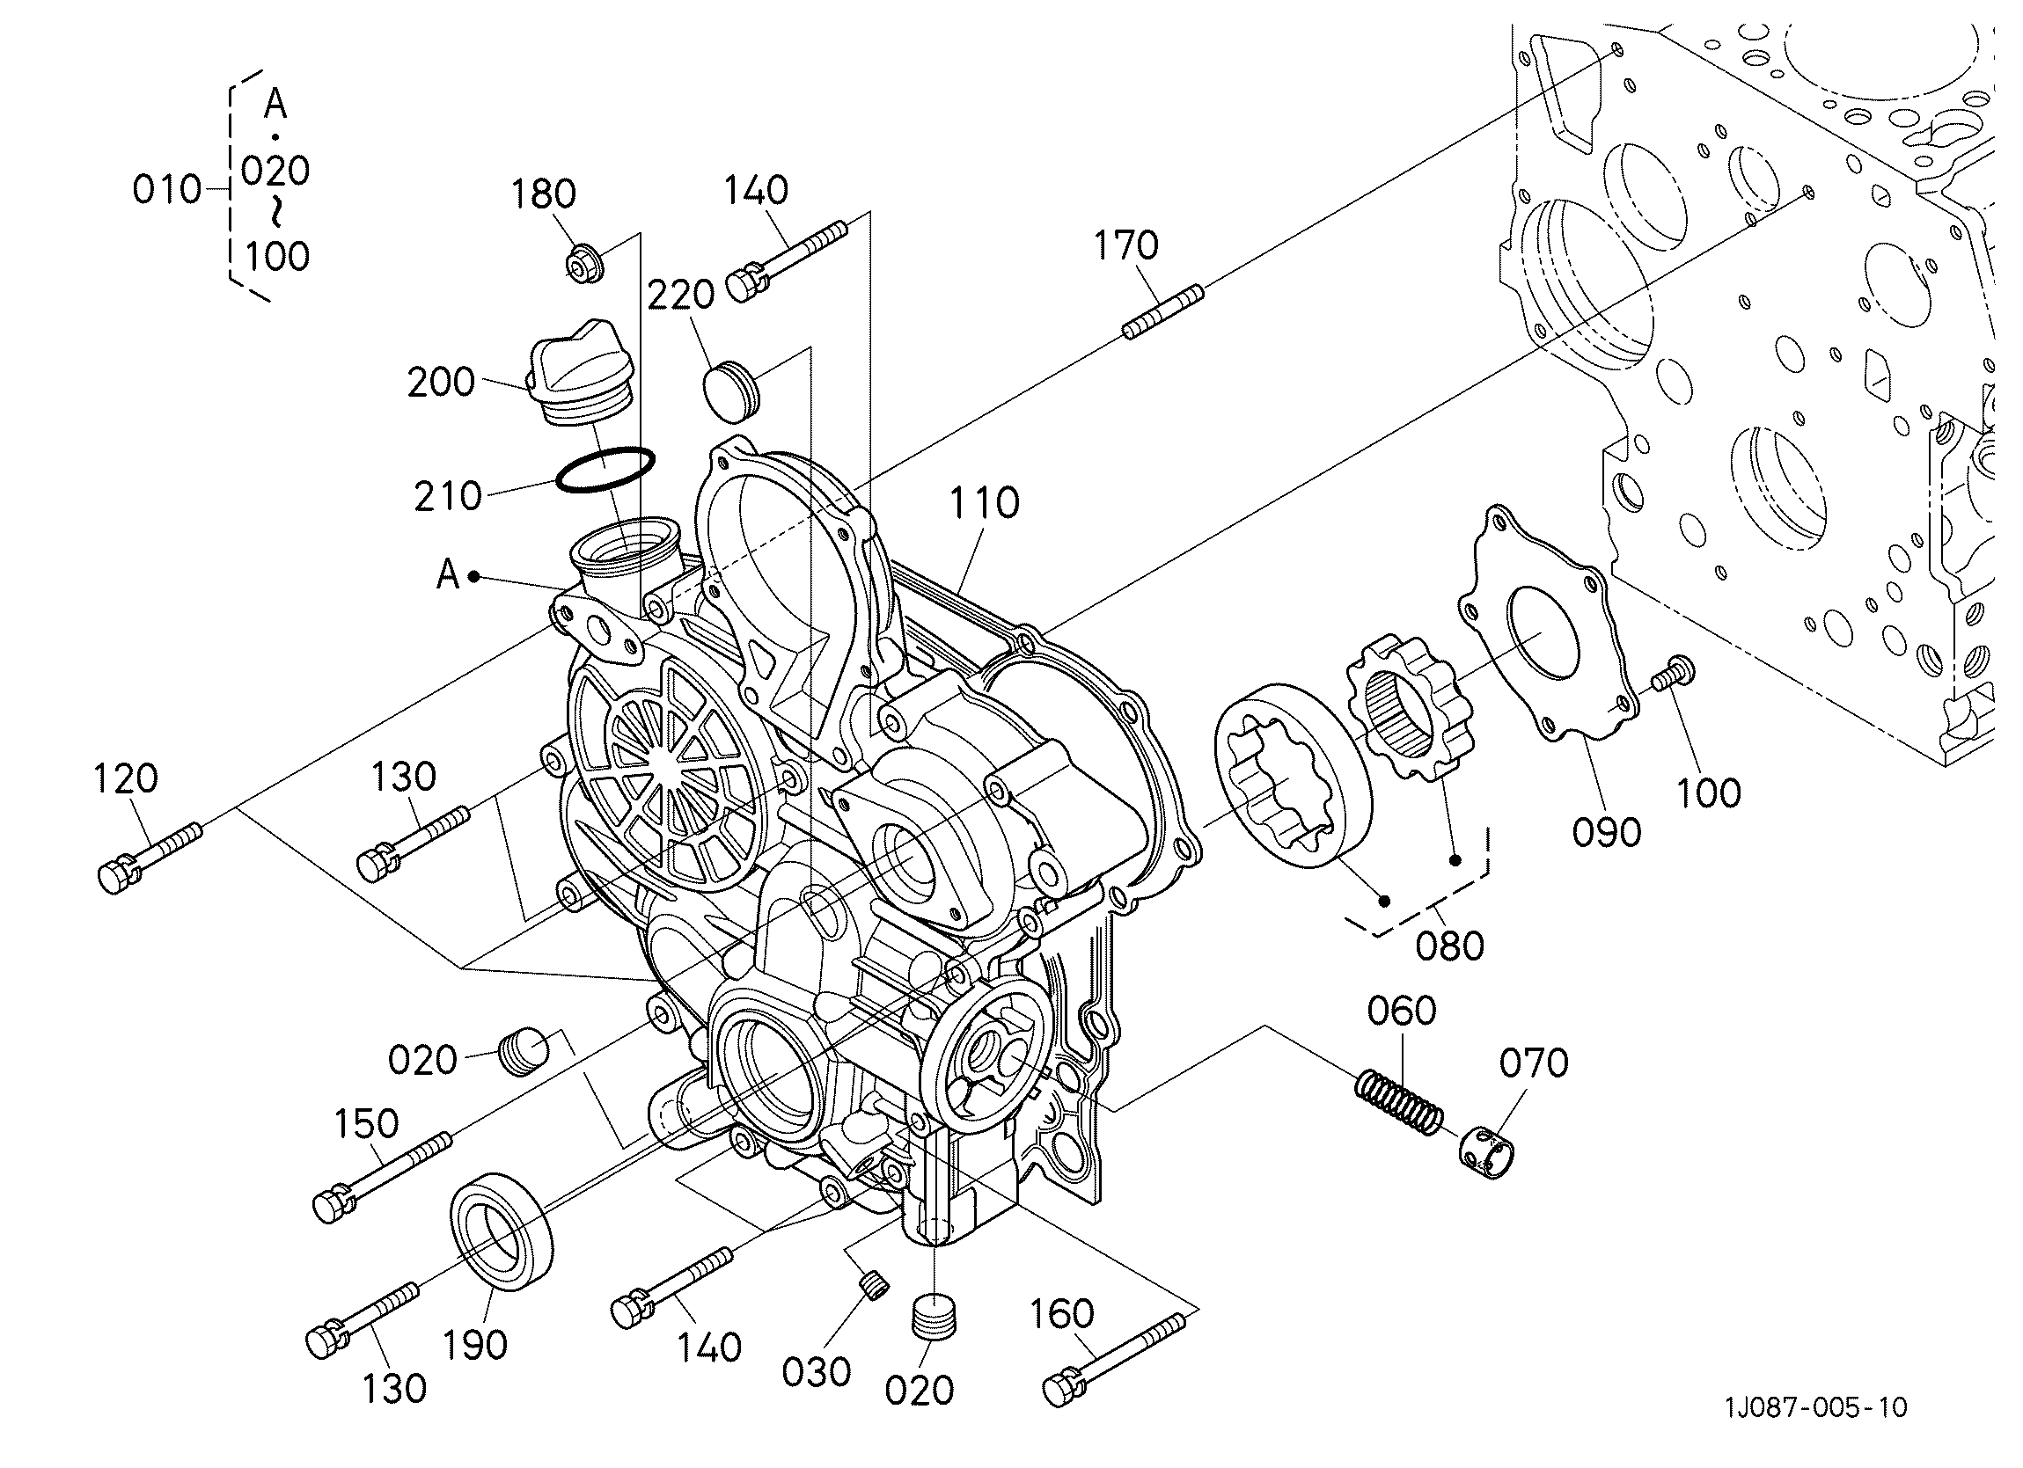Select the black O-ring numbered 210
tap(605, 469)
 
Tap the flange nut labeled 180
tap(584, 261)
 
